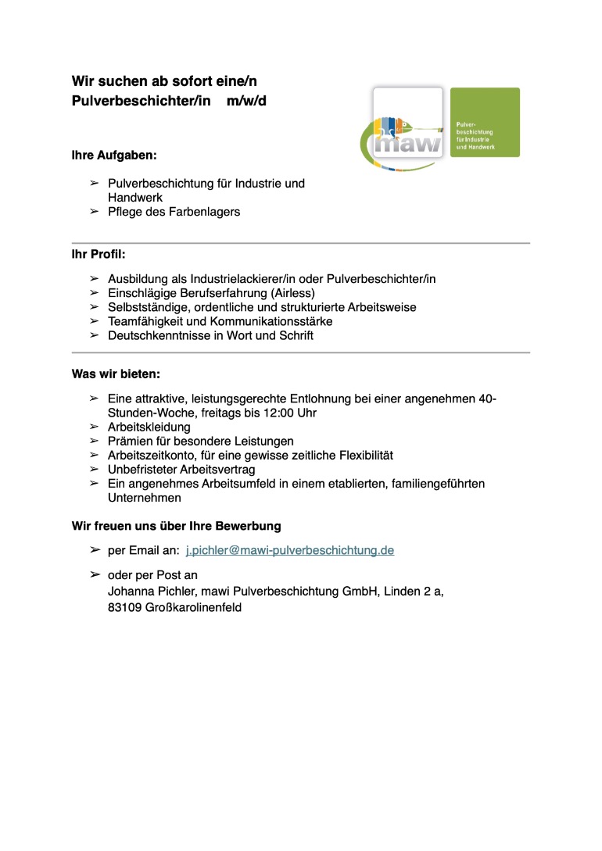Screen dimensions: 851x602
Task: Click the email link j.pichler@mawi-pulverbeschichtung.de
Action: coord(290,551)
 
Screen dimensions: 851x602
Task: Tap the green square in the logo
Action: coord(485,122)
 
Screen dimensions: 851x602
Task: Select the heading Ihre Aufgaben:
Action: coord(114,156)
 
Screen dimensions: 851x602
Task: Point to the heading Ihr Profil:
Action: coord(99,255)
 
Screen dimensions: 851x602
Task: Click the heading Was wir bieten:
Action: coord(116,374)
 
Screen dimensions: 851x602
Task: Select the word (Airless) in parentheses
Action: coord(292,293)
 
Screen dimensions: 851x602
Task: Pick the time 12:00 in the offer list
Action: coord(274,413)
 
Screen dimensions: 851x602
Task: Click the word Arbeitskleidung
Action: coord(149,427)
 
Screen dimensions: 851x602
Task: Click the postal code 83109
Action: coord(124,606)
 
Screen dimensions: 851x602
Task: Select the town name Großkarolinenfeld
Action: coord(193,606)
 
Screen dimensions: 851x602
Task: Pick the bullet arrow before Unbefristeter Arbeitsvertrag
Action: coord(94,470)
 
